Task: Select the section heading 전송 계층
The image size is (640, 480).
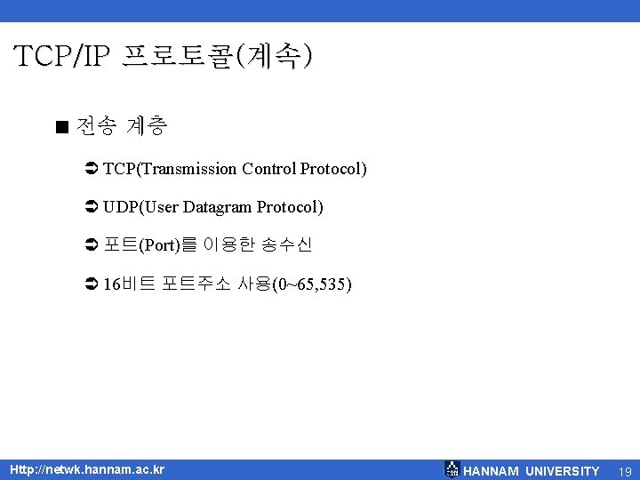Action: (122, 126)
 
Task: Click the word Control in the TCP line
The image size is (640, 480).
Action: (269, 169)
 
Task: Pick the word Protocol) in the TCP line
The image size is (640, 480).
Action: (333, 169)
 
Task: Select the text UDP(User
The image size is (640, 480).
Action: (140, 207)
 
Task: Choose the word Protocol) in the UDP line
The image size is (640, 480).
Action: (290, 207)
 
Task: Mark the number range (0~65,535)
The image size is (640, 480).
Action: (311, 284)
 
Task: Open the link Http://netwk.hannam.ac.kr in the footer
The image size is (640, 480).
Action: (86, 468)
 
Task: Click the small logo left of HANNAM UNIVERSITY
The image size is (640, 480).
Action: (452, 469)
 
